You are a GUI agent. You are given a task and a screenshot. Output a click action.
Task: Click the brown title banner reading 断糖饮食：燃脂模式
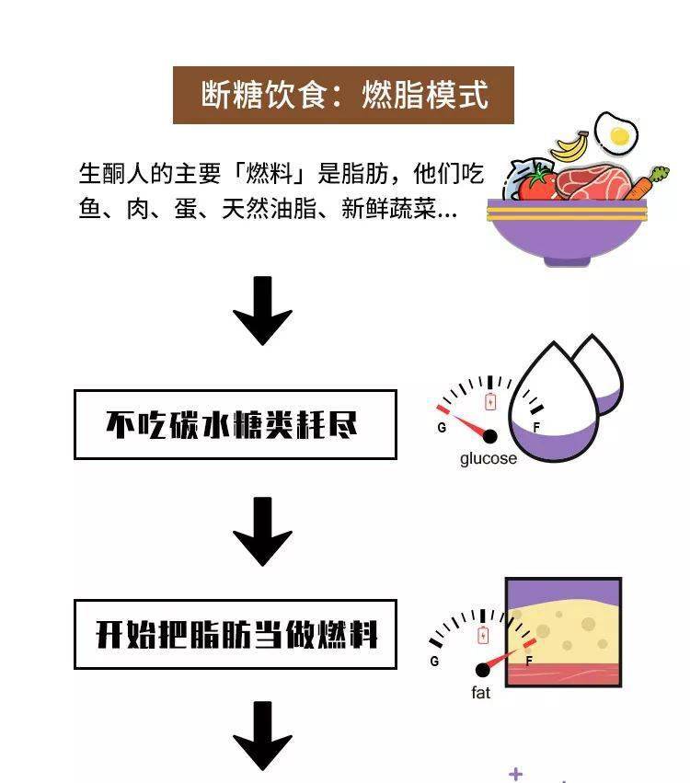click(343, 95)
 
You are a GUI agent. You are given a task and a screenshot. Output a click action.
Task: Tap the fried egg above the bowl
click(616, 133)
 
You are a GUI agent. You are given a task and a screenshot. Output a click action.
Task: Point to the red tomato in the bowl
click(536, 183)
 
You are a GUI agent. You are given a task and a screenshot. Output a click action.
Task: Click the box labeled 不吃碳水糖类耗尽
click(236, 424)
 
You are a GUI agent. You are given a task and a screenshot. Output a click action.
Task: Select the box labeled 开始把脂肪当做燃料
click(236, 634)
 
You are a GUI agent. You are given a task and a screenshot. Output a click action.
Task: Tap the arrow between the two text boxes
click(262, 531)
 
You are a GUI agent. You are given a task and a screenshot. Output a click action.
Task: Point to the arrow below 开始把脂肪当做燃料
click(262, 735)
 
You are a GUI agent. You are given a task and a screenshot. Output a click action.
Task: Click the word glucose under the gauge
click(489, 458)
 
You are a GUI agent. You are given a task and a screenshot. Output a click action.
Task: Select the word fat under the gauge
click(481, 693)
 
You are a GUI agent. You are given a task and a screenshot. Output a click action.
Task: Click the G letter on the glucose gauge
click(442, 428)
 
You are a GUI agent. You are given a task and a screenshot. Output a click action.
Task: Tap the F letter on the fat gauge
click(529, 662)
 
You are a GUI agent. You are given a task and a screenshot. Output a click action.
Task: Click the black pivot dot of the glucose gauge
click(490, 436)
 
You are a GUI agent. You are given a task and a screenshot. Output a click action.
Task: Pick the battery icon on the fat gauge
click(483, 635)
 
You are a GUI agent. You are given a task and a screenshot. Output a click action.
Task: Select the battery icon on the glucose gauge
click(490, 401)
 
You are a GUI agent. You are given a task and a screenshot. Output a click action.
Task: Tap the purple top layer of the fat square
click(564, 592)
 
